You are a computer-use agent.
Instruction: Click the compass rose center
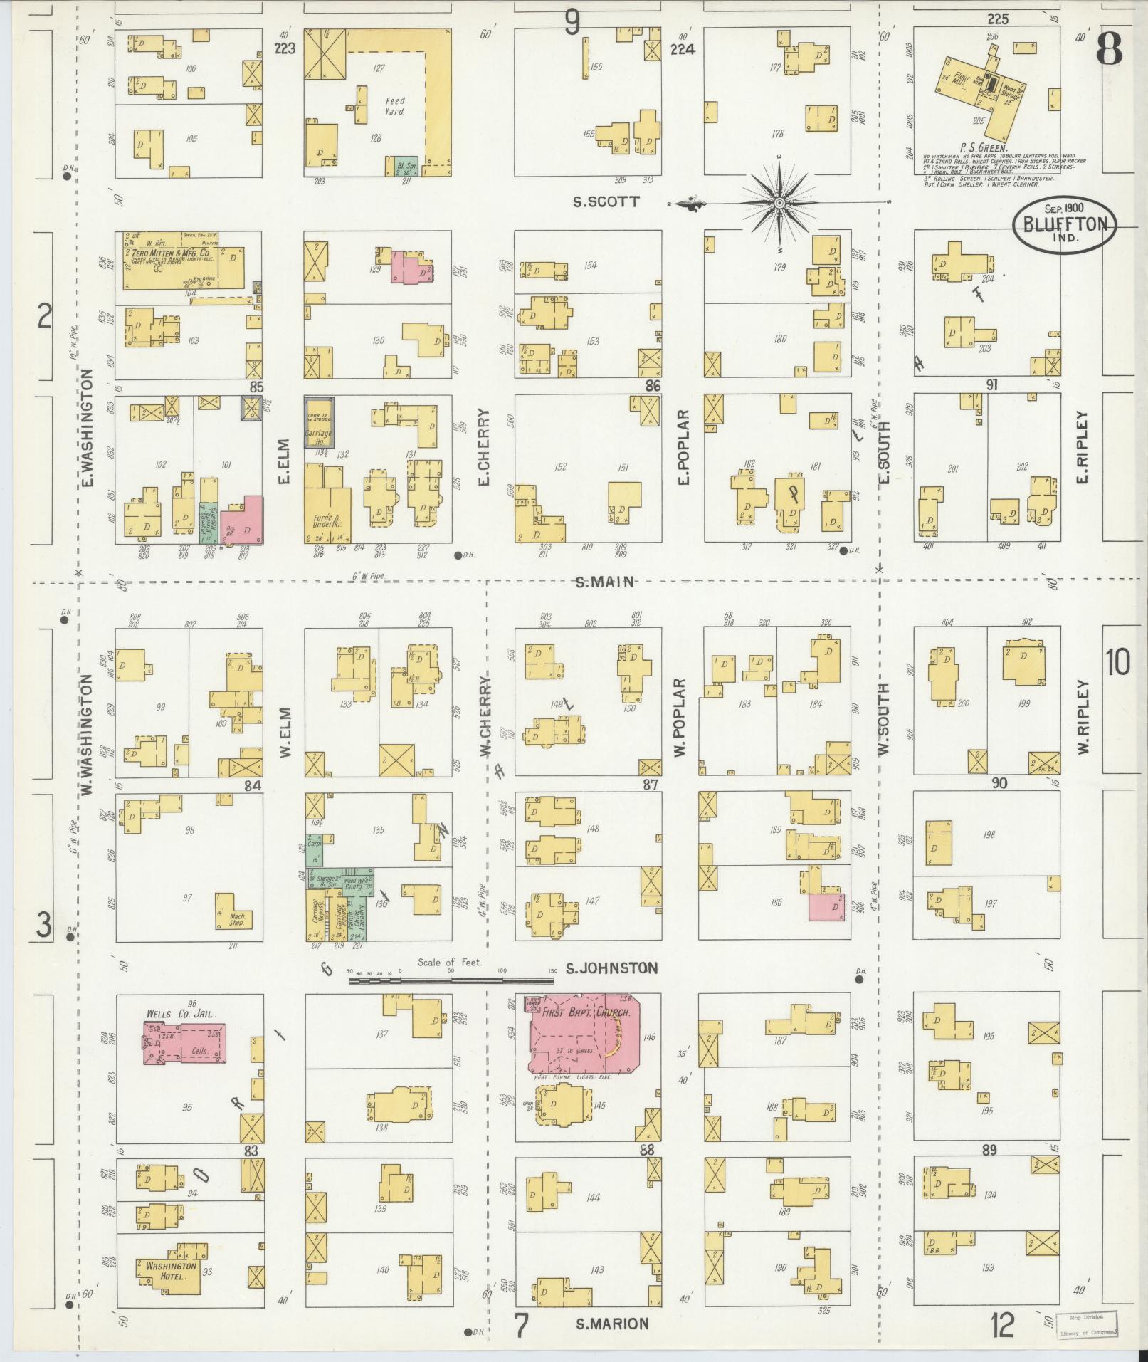(x=780, y=204)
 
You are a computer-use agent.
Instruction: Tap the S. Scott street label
(x=606, y=202)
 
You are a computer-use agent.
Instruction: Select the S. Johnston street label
(x=611, y=968)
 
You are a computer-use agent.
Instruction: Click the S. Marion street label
(x=611, y=1324)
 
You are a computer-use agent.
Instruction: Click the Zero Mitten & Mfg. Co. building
(x=183, y=261)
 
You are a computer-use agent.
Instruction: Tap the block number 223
(x=288, y=49)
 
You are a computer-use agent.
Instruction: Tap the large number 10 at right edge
(x=1117, y=663)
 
